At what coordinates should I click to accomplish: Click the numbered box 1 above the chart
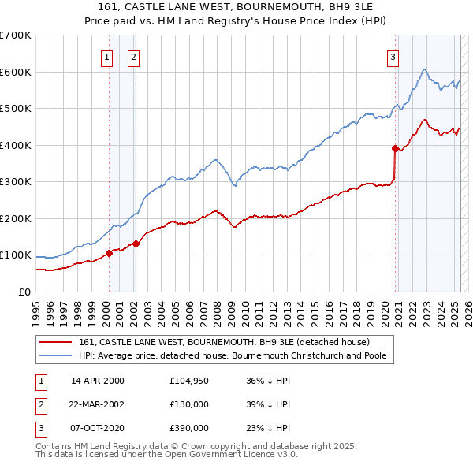click(x=106, y=56)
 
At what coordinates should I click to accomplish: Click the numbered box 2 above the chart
click(x=133, y=56)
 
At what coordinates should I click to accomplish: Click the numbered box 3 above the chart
click(x=393, y=56)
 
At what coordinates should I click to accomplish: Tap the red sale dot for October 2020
click(x=395, y=148)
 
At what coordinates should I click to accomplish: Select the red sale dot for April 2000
click(x=109, y=253)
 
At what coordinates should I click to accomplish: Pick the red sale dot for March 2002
click(x=136, y=244)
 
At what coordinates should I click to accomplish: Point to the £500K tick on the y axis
click(x=16, y=109)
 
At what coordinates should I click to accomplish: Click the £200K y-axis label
click(x=16, y=218)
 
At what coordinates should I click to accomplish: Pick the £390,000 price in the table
click(x=189, y=428)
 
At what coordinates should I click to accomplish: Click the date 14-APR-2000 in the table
click(x=98, y=381)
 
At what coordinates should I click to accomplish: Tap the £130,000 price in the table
click(x=189, y=404)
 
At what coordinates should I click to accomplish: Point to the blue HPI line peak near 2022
click(x=424, y=70)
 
